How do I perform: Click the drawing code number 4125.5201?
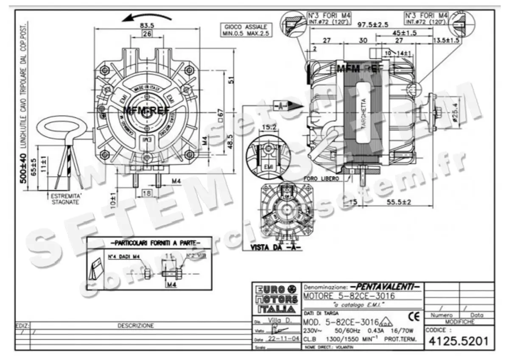click(x=459, y=340)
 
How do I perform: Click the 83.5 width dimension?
click(x=147, y=25)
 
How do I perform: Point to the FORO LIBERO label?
click(x=321, y=179)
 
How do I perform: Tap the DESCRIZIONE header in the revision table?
click(x=136, y=326)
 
